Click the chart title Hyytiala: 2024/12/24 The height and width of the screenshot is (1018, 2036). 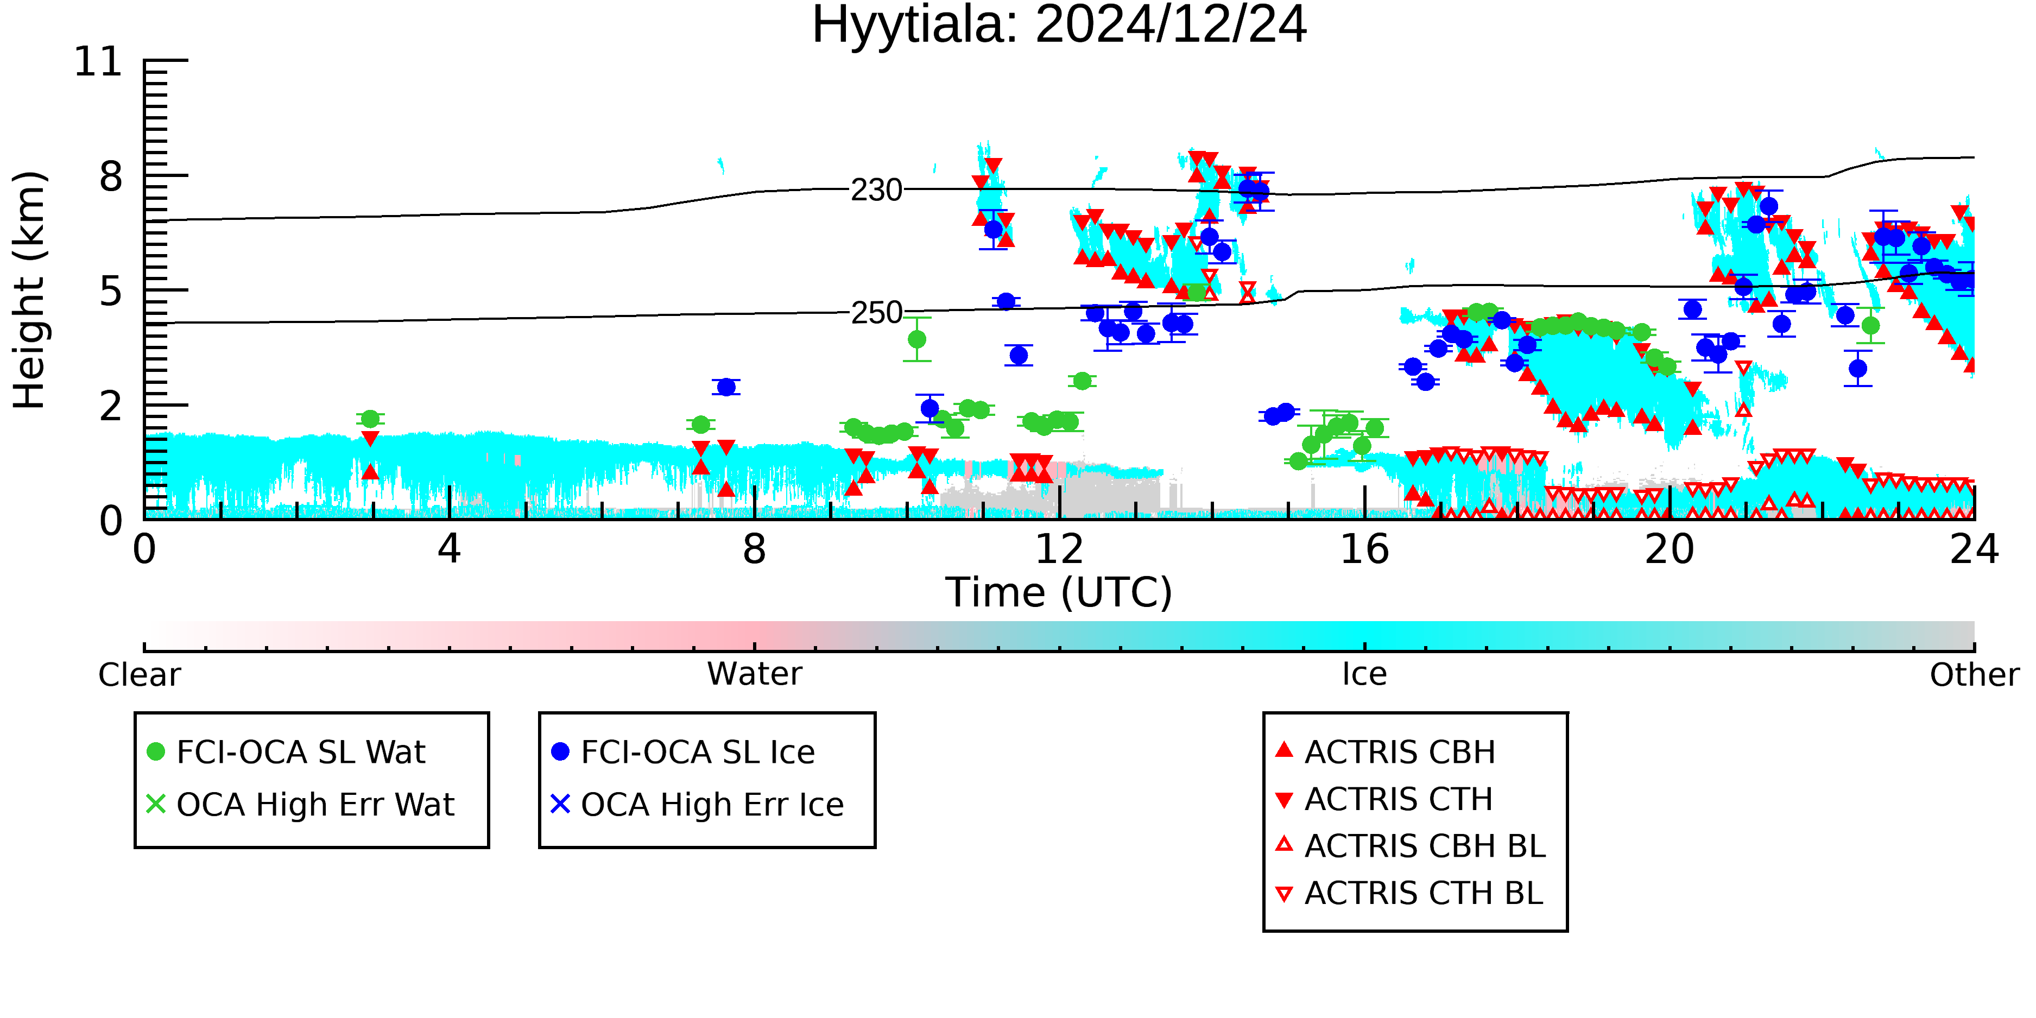1059,26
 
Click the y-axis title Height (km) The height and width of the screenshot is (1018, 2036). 30,290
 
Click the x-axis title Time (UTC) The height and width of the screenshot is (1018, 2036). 1059,593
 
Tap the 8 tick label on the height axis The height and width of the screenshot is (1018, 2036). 111,176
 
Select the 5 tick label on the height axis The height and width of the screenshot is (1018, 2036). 111,292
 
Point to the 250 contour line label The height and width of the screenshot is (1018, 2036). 876,313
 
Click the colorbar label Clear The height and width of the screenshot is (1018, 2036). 139,675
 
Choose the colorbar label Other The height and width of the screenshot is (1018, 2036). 1974,675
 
